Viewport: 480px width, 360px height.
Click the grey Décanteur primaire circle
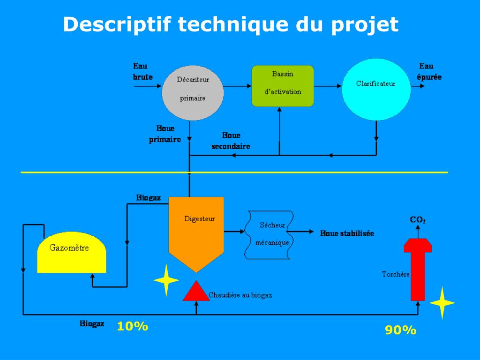coord(192,90)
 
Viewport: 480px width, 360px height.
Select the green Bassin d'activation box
coord(283,86)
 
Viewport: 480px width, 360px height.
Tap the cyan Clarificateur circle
coord(376,90)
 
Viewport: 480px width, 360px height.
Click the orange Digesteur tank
coord(196,230)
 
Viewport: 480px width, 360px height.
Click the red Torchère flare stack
coord(418,267)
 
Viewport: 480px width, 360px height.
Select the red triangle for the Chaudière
coord(196,292)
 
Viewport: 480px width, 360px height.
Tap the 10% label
coord(133,326)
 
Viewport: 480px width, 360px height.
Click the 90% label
coord(401,330)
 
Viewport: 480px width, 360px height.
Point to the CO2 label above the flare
coord(418,219)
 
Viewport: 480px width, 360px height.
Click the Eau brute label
coord(142,71)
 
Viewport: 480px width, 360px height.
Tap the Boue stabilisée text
coord(347,233)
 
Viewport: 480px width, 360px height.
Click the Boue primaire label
coord(165,134)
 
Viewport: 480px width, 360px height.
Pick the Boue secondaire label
coord(231,141)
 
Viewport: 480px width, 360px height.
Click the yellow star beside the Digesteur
coord(166,280)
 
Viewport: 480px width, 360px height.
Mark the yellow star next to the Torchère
coord(442,303)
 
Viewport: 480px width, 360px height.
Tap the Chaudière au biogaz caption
coord(240,295)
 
